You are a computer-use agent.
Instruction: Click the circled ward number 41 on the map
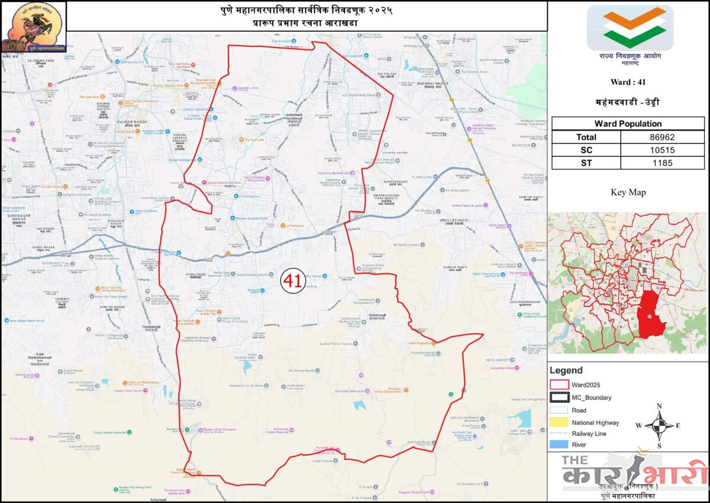coord(291,280)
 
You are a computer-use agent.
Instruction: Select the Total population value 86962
coord(664,137)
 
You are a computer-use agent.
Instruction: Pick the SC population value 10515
coord(664,150)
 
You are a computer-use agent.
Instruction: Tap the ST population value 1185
coord(664,163)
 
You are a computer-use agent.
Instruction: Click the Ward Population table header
coord(629,124)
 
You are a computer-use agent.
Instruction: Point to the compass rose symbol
coord(659,425)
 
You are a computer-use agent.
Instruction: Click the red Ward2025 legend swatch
coord(559,384)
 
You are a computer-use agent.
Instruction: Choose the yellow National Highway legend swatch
coord(559,422)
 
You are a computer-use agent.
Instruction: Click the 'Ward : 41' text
coord(628,82)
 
